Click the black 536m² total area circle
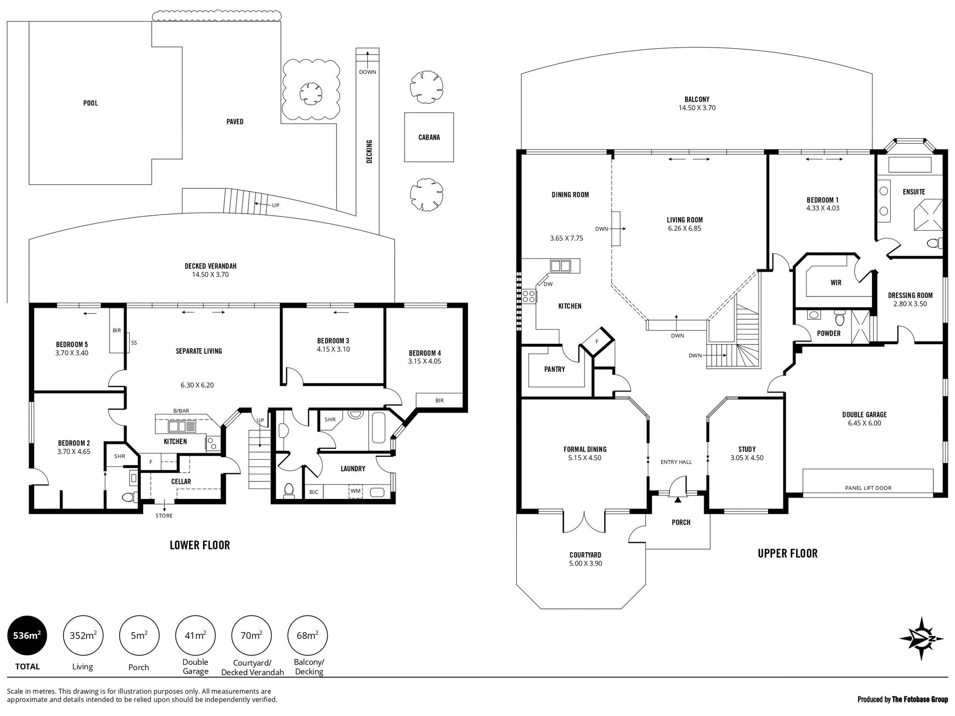[28, 636]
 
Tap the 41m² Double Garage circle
[196, 636]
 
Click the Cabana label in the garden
[429, 137]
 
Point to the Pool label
[90, 103]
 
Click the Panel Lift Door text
[868, 488]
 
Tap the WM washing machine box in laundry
[355, 491]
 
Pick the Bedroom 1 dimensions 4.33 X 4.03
[823, 208]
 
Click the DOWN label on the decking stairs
[367, 72]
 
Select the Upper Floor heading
[788, 553]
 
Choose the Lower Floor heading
[200, 545]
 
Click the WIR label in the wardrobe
[836, 283]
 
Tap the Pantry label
[554, 369]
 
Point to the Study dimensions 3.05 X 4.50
[747, 458]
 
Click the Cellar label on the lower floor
[181, 481]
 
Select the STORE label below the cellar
[164, 516]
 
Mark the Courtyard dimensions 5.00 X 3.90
[585, 563]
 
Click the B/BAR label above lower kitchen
[181, 411]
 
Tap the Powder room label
[829, 333]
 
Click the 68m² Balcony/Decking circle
[308, 636]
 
